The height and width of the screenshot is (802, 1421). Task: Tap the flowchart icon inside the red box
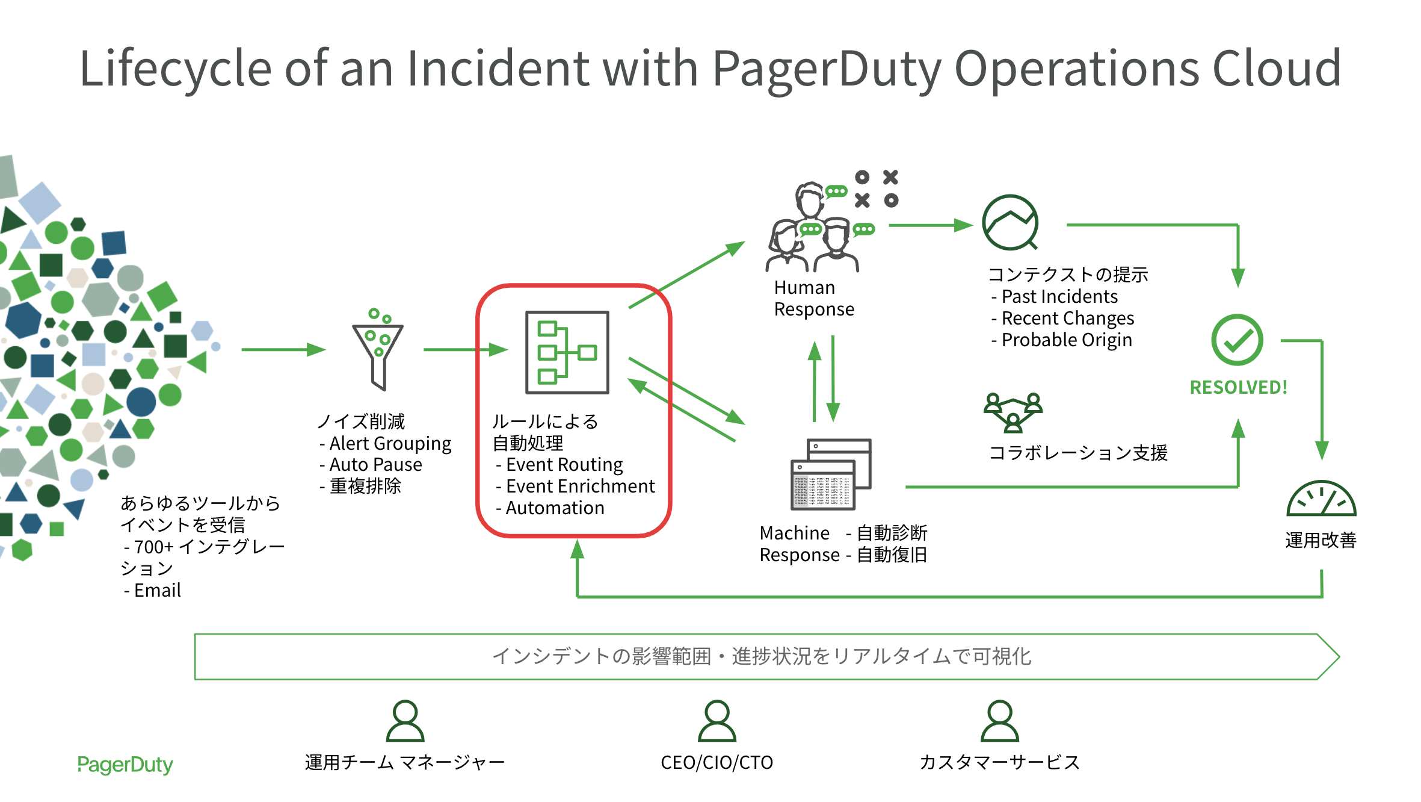(x=567, y=353)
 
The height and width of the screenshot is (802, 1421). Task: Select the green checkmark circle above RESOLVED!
(x=1237, y=340)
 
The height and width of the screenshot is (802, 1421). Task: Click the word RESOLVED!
(x=1238, y=387)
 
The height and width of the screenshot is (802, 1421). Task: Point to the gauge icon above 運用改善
(x=1321, y=499)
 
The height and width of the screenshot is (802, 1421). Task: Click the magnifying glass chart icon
(x=1011, y=222)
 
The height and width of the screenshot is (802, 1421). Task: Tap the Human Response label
(x=813, y=298)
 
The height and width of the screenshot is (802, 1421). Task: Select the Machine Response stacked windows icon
(x=831, y=474)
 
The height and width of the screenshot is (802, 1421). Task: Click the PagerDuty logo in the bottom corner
(x=125, y=764)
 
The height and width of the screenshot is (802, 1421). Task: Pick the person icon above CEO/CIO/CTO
(x=717, y=721)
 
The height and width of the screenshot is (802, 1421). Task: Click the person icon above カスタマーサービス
(x=999, y=721)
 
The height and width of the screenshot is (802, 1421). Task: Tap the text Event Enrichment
(x=580, y=486)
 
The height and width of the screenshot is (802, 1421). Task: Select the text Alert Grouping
(x=390, y=443)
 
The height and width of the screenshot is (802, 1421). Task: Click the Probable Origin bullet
(x=1066, y=340)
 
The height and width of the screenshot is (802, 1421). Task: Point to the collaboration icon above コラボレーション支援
(x=1013, y=412)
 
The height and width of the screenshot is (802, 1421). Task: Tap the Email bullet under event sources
(x=157, y=590)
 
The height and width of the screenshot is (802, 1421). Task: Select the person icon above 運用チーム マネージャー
(x=405, y=721)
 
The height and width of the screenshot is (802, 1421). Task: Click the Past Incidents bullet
(x=1059, y=296)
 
